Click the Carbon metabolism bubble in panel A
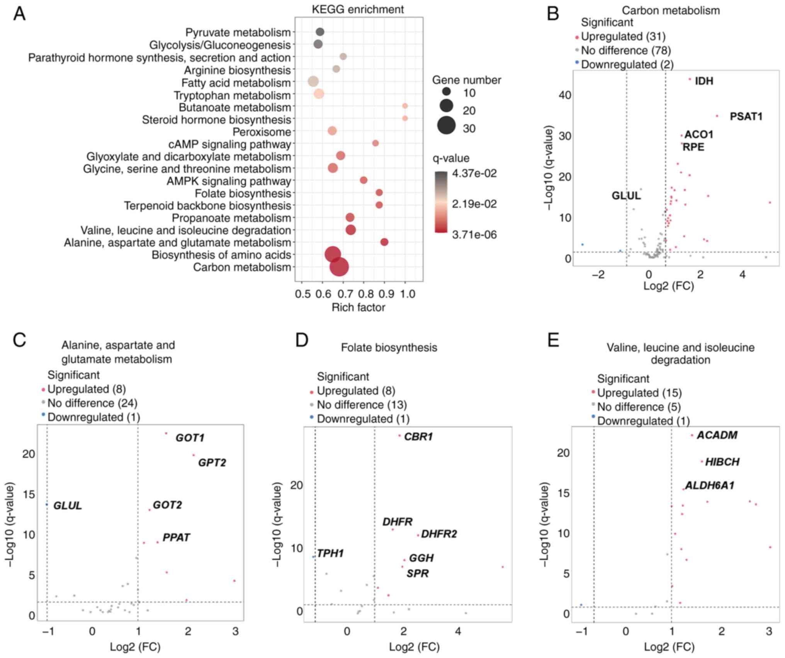pyautogui.click(x=339, y=267)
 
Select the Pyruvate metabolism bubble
pyautogui.click(x=319, y=32)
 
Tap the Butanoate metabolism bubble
pyautogui.click(x=405, y=106)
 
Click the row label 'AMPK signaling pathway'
pyautogui.click(x=229, y=181)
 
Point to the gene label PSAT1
pyautogui.click(x=746, y=116)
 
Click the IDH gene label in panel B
pyautogui.click(x=704, y=81)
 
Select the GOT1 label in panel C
pyautogui.click(x=190, y=438)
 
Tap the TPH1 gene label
pyautogui.click(x=330, y=553)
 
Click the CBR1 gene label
pyautogui.click(x=418, y=437)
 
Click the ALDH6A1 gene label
pyautogui.click(x=709, y=485)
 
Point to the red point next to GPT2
pyautogui.click(x=194, y=455)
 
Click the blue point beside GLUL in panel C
pyautogui.click(x=47, y=504)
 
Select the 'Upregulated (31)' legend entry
pyautogui.click(x=623, y=37)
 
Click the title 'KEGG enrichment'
pyautogui.click(x=358, y=9)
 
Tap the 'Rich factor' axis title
pyautogui.click(x=358, y=308)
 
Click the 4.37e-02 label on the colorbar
pyautogui.click(x=474, y=173)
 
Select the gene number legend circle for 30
pyautogui.click(x=446, y=126)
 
